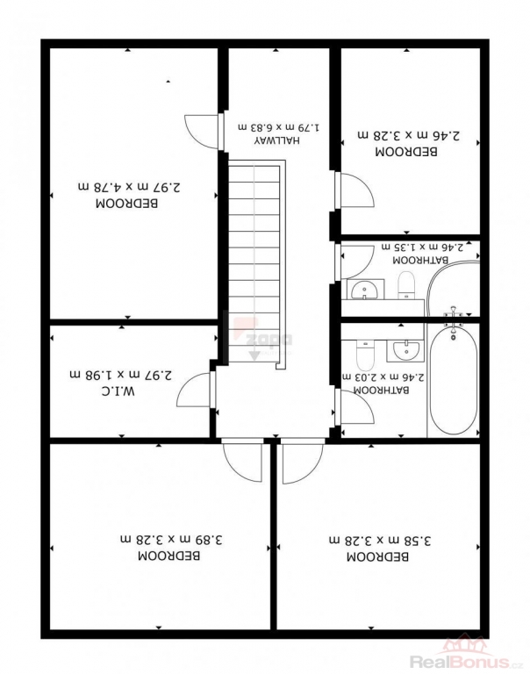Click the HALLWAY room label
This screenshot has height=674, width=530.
[x=276, y=140]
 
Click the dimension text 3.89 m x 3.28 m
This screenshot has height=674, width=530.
[x=171, y=539]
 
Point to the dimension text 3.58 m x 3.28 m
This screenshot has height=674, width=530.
[x=380, y=541]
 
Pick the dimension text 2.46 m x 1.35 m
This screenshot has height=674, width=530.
[x=423, y=247]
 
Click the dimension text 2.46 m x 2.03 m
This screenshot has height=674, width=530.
[x=383, y=377]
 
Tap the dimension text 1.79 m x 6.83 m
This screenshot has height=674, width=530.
[x=279, y=127]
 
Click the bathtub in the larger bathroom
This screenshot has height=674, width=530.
[x=454, y=383]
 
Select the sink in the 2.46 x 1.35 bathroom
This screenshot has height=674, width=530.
[x=365, y=290]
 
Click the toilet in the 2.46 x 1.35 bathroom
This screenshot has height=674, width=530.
[x=405, y=284]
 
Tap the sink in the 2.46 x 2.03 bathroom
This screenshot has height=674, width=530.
[x=404, y=350]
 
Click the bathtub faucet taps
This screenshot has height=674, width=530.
[x=453, y=315]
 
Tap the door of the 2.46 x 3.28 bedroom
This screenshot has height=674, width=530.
[x=355, y=190]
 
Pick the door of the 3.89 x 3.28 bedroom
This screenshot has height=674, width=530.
[x=242, y=460]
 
